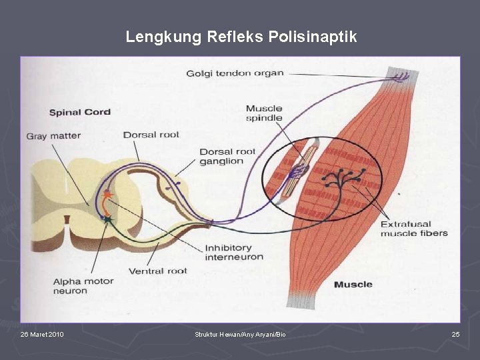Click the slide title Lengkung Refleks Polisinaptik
241,37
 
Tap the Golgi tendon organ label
235,73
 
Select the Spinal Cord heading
80,112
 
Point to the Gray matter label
53,136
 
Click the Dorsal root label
151,135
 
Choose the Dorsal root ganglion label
227,156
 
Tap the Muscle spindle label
264,113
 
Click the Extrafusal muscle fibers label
414,229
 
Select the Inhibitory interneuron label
233,252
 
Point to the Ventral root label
157,271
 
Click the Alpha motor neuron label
83,286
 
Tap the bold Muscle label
353,285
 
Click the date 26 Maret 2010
42,334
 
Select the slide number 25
455,334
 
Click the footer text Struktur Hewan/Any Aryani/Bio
240,334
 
